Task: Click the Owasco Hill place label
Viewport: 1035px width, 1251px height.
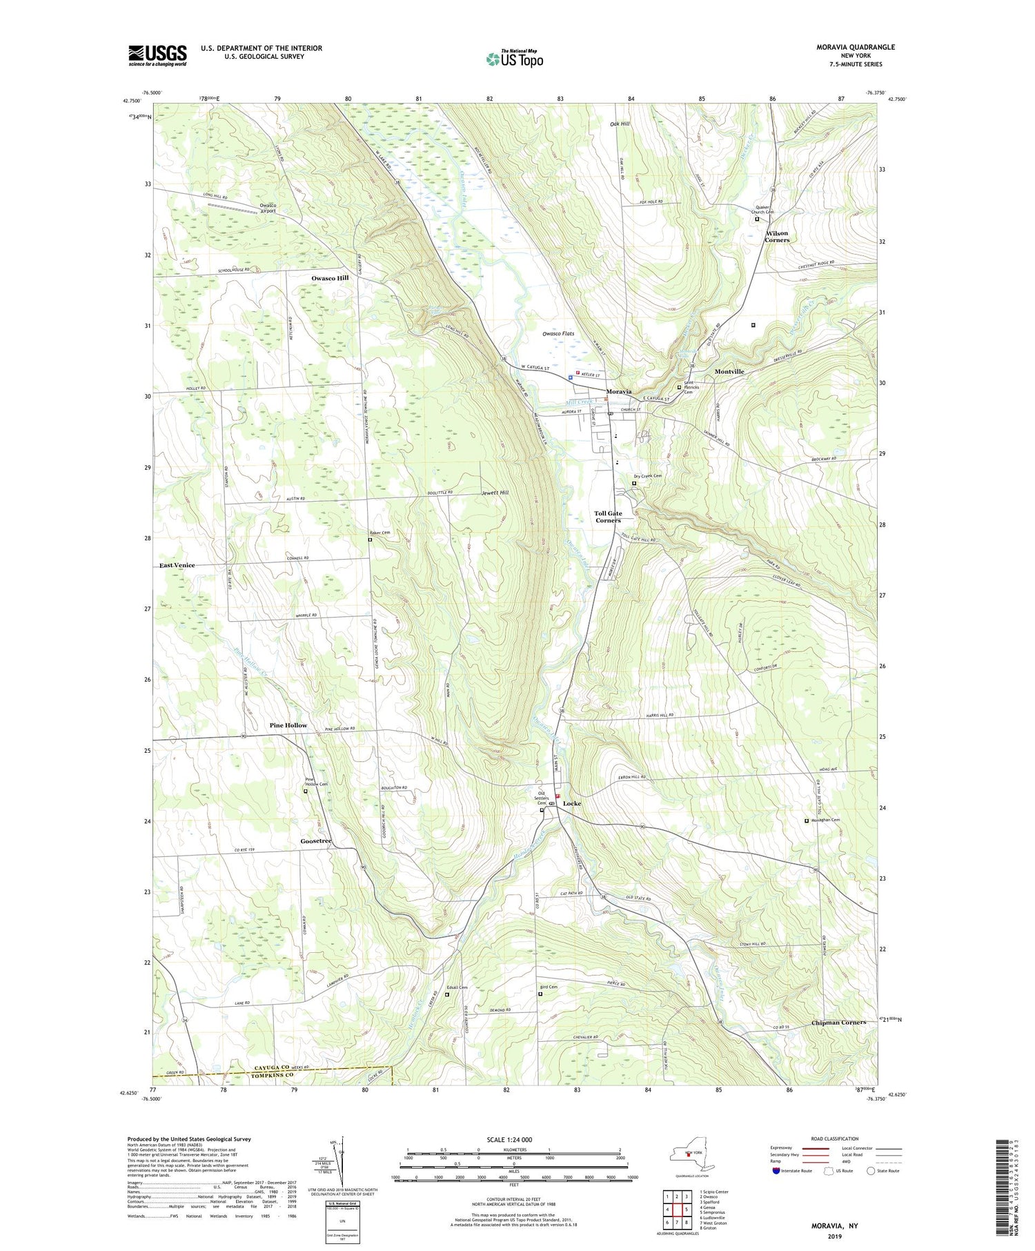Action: [x=330, y=278]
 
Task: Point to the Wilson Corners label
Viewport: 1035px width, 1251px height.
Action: [x=777, y=237]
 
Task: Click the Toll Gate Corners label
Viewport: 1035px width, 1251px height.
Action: [x=608, y=517]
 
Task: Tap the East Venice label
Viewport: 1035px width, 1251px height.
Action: [x=177, y=565]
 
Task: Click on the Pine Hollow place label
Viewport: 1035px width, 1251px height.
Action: [x=288, y=726]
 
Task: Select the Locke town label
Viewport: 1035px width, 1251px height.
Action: [x=571, y=804]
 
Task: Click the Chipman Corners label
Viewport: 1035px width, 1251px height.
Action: [x=838, y=1023]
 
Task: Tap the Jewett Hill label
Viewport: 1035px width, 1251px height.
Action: [x=495, y=493]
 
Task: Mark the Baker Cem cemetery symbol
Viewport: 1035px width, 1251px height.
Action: [x=370, y=540]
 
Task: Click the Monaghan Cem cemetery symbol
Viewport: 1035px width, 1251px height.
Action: [x=807, y=821]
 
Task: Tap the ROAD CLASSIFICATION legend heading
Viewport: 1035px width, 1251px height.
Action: [x=834, y=1139]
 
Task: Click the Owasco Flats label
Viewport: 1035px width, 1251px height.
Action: [x=558, y=334]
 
